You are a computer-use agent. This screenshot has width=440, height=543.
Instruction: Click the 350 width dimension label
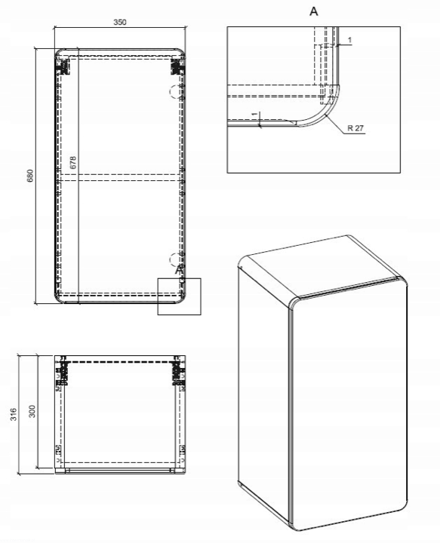coord(120,22)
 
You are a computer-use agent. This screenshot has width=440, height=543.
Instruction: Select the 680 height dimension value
coord(30,176)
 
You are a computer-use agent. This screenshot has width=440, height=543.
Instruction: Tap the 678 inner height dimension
coord(72,162)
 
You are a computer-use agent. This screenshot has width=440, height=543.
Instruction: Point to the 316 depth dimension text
coord(13,414)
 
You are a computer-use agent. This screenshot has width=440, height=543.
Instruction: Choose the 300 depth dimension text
coord(32,411)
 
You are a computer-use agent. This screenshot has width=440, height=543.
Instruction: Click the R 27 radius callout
coord(355,128)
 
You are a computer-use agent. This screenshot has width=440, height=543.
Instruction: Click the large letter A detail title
coord(313,11)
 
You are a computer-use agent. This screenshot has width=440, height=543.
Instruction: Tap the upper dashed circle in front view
coord(175,91)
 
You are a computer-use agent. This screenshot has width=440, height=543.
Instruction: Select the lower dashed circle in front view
coord(175,259)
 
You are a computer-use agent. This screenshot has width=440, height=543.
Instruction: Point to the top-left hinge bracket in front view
coord(63,66)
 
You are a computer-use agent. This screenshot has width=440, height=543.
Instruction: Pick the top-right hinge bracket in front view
coord(177,66)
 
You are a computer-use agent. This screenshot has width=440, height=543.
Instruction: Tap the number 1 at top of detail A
coord(349,40)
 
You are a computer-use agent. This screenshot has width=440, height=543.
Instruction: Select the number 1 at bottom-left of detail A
coord(255,114)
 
